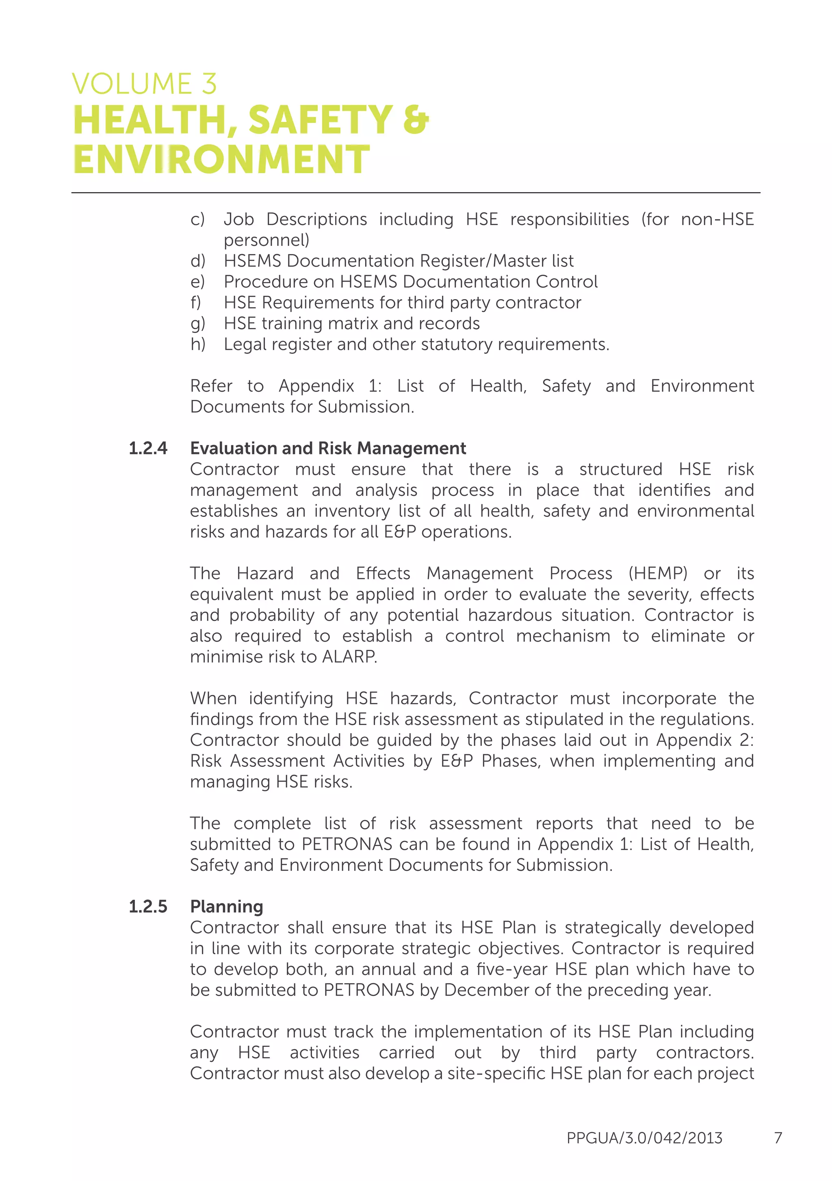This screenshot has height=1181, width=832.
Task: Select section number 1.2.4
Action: pos(148,448)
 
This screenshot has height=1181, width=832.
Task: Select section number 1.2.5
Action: pos(148,906)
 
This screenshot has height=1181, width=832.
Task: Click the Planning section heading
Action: pos(226,906)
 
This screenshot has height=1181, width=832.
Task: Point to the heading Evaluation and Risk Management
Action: pos(328,448)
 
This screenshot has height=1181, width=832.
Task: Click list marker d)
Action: pos(197,261)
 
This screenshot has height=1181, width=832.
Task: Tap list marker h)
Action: pos(197,344)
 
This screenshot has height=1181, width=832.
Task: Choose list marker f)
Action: pos(196,302)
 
